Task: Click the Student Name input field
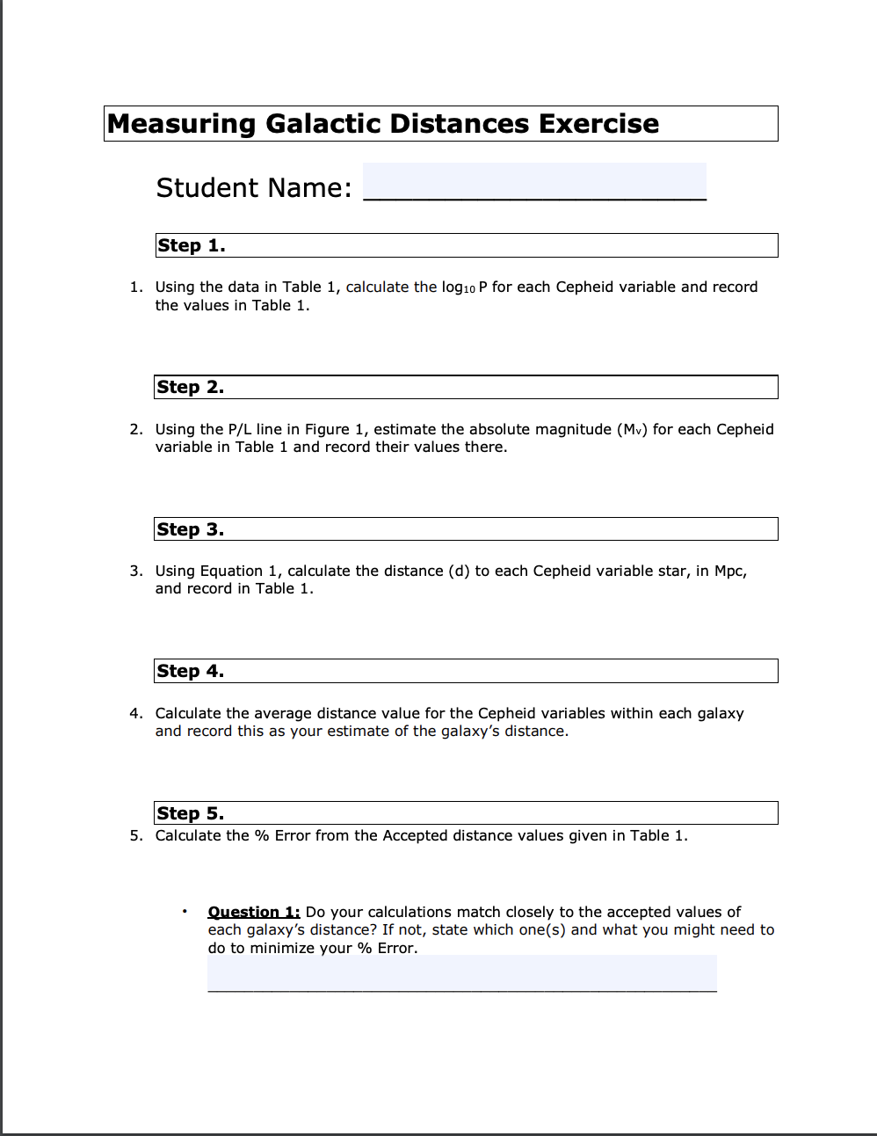point(534,182)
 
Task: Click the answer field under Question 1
point(461,973)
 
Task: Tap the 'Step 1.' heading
point(192,245)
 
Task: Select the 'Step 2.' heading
point(191,387)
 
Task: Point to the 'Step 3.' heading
point(191,529)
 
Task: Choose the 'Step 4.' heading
point(191,671)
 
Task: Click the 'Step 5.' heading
point(191,813)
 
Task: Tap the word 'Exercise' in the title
point(598,124)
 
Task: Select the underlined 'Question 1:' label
point(254,912)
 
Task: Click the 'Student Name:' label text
point(254,187)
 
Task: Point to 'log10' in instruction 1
point(458,288)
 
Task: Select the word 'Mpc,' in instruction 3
point(730,571)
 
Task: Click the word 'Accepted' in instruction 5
point(415,835)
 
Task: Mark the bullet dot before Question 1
point(185,911)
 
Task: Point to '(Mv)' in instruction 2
point(632,429)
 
